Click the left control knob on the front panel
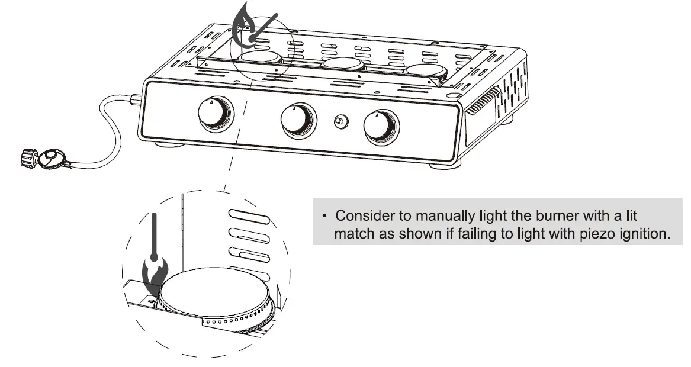pos(214,114)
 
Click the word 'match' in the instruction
pos(355,233)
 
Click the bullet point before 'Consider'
pos(324,215)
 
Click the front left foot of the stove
pos(165,144)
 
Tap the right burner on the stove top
pos(425,70)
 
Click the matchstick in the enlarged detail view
pos(155,234)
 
